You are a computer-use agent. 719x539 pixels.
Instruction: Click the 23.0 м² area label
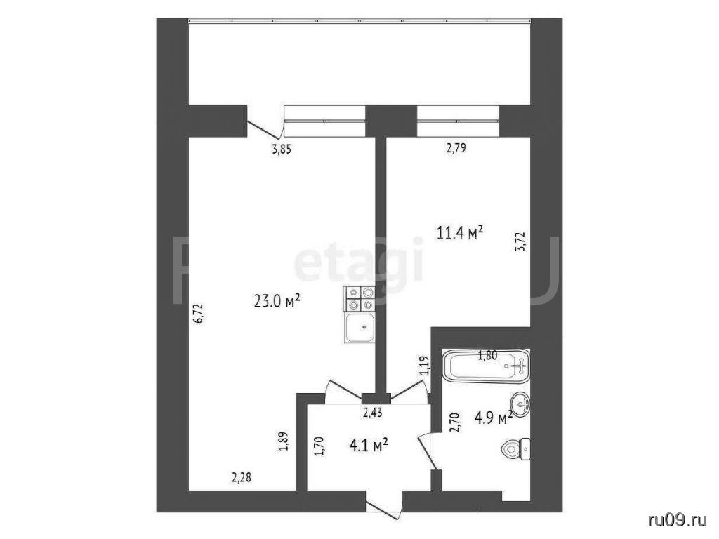pos(277,301)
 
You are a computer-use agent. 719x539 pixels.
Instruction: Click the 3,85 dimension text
pos(282,149)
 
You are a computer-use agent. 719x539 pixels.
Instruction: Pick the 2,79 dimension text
pos(456,149)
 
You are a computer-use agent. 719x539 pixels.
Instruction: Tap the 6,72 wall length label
pos(199,314)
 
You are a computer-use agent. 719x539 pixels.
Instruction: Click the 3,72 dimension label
pos(520,242)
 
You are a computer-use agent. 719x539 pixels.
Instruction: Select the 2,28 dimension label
pos(242,478)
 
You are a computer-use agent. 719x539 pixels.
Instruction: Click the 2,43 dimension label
pos(373,413)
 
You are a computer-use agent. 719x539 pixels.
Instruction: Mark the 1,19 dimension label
pos(423,366)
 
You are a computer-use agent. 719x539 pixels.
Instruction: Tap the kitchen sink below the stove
pos(360,328)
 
